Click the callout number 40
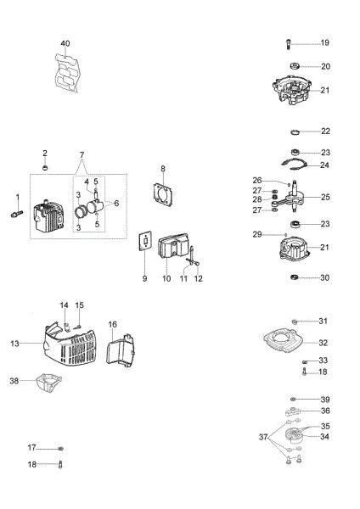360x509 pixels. [65, 43]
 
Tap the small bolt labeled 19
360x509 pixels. [290, 43]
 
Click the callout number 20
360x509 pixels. [325, 66]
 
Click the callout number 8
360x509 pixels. [163, 169]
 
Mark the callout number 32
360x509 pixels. [323, 343]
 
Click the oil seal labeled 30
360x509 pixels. [293, 277]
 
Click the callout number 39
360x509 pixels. [325, 399]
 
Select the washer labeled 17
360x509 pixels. [61, 448]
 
